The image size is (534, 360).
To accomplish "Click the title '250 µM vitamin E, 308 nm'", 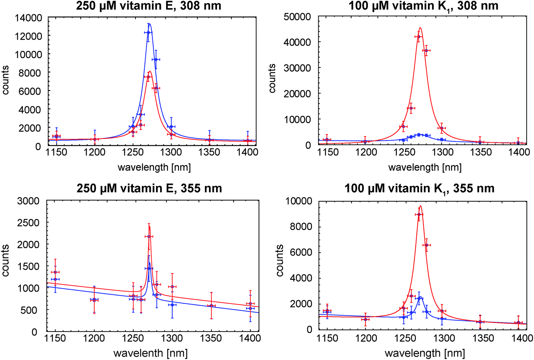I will point(149,6).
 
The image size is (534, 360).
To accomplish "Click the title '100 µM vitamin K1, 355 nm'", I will point(419,188).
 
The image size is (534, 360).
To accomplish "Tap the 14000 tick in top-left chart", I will point(28,18).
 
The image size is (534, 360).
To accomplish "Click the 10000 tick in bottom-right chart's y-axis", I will point(299,201).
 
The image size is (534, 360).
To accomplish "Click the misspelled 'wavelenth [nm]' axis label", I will point(150,353).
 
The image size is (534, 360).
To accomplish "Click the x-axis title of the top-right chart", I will point(425,167).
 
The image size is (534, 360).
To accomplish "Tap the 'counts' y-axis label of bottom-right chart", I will point(280,260).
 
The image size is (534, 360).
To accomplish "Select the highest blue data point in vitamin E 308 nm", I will point(148,32).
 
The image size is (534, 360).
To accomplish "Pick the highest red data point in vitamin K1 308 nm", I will point(418,37).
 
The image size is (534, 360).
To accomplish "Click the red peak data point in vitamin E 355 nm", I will point(149,236).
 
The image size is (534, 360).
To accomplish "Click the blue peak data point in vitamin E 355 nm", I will point(149,269).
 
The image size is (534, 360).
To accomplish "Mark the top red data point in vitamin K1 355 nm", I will point(419,214).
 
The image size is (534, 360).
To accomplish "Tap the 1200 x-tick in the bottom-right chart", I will point(366,338).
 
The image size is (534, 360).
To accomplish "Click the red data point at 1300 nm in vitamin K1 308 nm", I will point(442,128).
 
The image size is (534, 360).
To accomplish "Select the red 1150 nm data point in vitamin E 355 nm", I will point(55,272).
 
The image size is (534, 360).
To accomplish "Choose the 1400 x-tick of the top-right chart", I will point(519,152).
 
